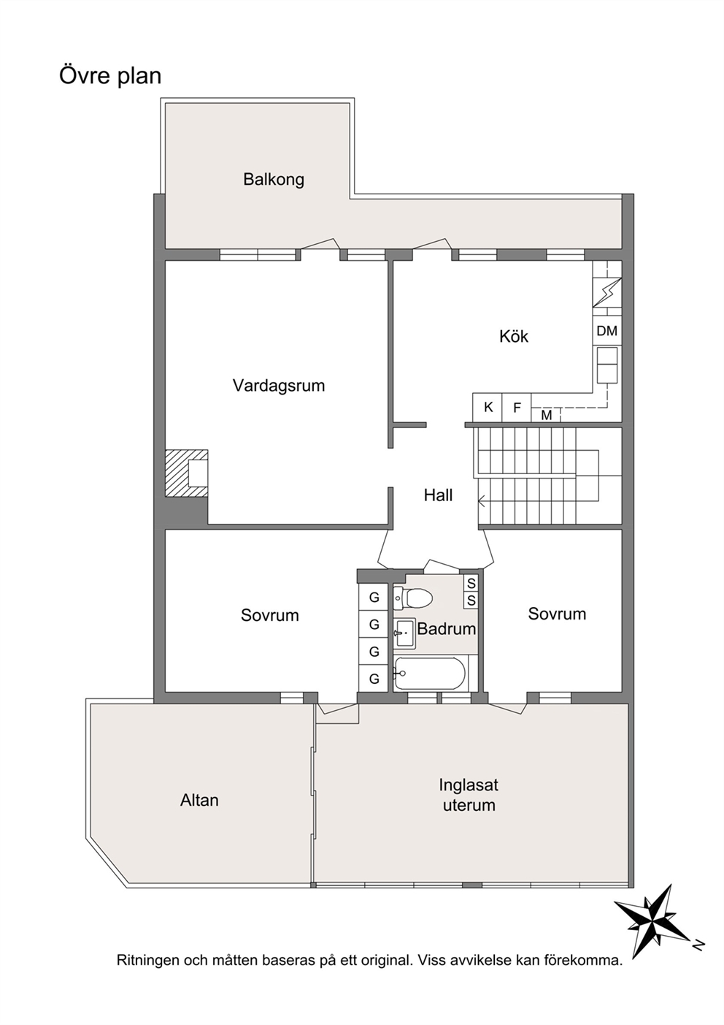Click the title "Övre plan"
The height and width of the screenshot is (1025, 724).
pos(110,75)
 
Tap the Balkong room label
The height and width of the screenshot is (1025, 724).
pos(274,180)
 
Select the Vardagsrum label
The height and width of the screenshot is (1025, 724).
pos(279,385)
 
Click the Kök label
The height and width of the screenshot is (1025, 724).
pos(514,336)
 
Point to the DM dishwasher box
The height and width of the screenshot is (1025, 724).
pos(607,330)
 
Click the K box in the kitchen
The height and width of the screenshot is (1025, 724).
pos(488,407)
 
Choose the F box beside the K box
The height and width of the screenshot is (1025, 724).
pos(517,407)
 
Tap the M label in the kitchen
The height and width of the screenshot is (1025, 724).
pos(546,415)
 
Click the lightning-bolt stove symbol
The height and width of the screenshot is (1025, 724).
pos(607,292)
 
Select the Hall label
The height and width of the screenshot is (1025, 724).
pos(438,495)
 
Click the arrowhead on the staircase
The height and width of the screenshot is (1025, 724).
pos(482,502)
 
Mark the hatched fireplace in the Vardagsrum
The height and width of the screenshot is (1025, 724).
pos(187,473)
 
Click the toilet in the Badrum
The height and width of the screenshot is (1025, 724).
pos(413,598)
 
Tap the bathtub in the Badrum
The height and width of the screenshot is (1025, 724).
pos(430,674)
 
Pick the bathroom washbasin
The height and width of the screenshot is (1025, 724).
pos(405,633)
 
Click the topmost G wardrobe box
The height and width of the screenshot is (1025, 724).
pos(374,597)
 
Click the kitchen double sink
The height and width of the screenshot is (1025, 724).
pos(607,365)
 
